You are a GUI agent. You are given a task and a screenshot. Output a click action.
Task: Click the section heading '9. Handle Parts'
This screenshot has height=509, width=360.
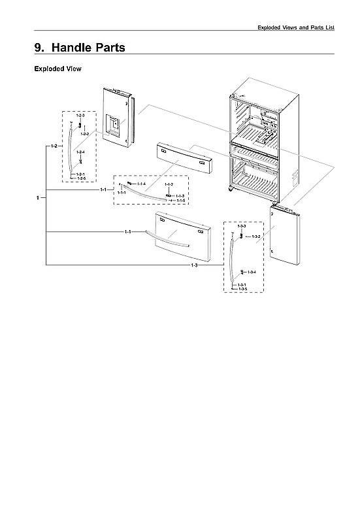coord(79,48)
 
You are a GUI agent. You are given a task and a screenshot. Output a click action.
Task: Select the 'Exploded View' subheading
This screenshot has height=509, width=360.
coord(57,69)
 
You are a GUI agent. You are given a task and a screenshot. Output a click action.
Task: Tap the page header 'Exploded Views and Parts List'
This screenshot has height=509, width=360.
coord(296,27)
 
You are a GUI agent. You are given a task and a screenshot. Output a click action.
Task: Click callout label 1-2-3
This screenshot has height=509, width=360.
coord(80,116)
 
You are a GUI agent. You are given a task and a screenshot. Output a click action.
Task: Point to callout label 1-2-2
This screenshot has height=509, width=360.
coord(84,133)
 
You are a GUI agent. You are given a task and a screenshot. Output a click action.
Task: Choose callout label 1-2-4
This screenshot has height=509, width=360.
coord(80,152)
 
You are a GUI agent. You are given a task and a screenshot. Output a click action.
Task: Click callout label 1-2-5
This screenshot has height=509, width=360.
coord(80,178)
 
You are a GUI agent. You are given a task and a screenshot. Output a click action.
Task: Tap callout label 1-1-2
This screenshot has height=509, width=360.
coord(169,185)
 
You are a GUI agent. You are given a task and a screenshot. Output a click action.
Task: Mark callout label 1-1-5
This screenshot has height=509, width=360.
coord(180,200)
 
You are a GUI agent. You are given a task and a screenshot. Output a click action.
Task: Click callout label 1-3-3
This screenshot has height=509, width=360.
coord(241,225)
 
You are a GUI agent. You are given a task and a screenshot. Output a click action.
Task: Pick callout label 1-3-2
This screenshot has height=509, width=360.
coord(256,236)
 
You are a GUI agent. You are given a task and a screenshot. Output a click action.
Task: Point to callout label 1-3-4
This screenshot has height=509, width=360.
coord(252,271)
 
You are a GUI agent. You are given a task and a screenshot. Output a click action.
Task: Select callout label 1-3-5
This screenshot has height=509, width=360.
coord(242,289)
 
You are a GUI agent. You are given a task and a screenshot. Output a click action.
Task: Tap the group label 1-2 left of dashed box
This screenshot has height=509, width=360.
coord(54,146)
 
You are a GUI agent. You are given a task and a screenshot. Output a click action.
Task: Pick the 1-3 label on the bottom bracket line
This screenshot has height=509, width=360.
coord(194,265)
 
